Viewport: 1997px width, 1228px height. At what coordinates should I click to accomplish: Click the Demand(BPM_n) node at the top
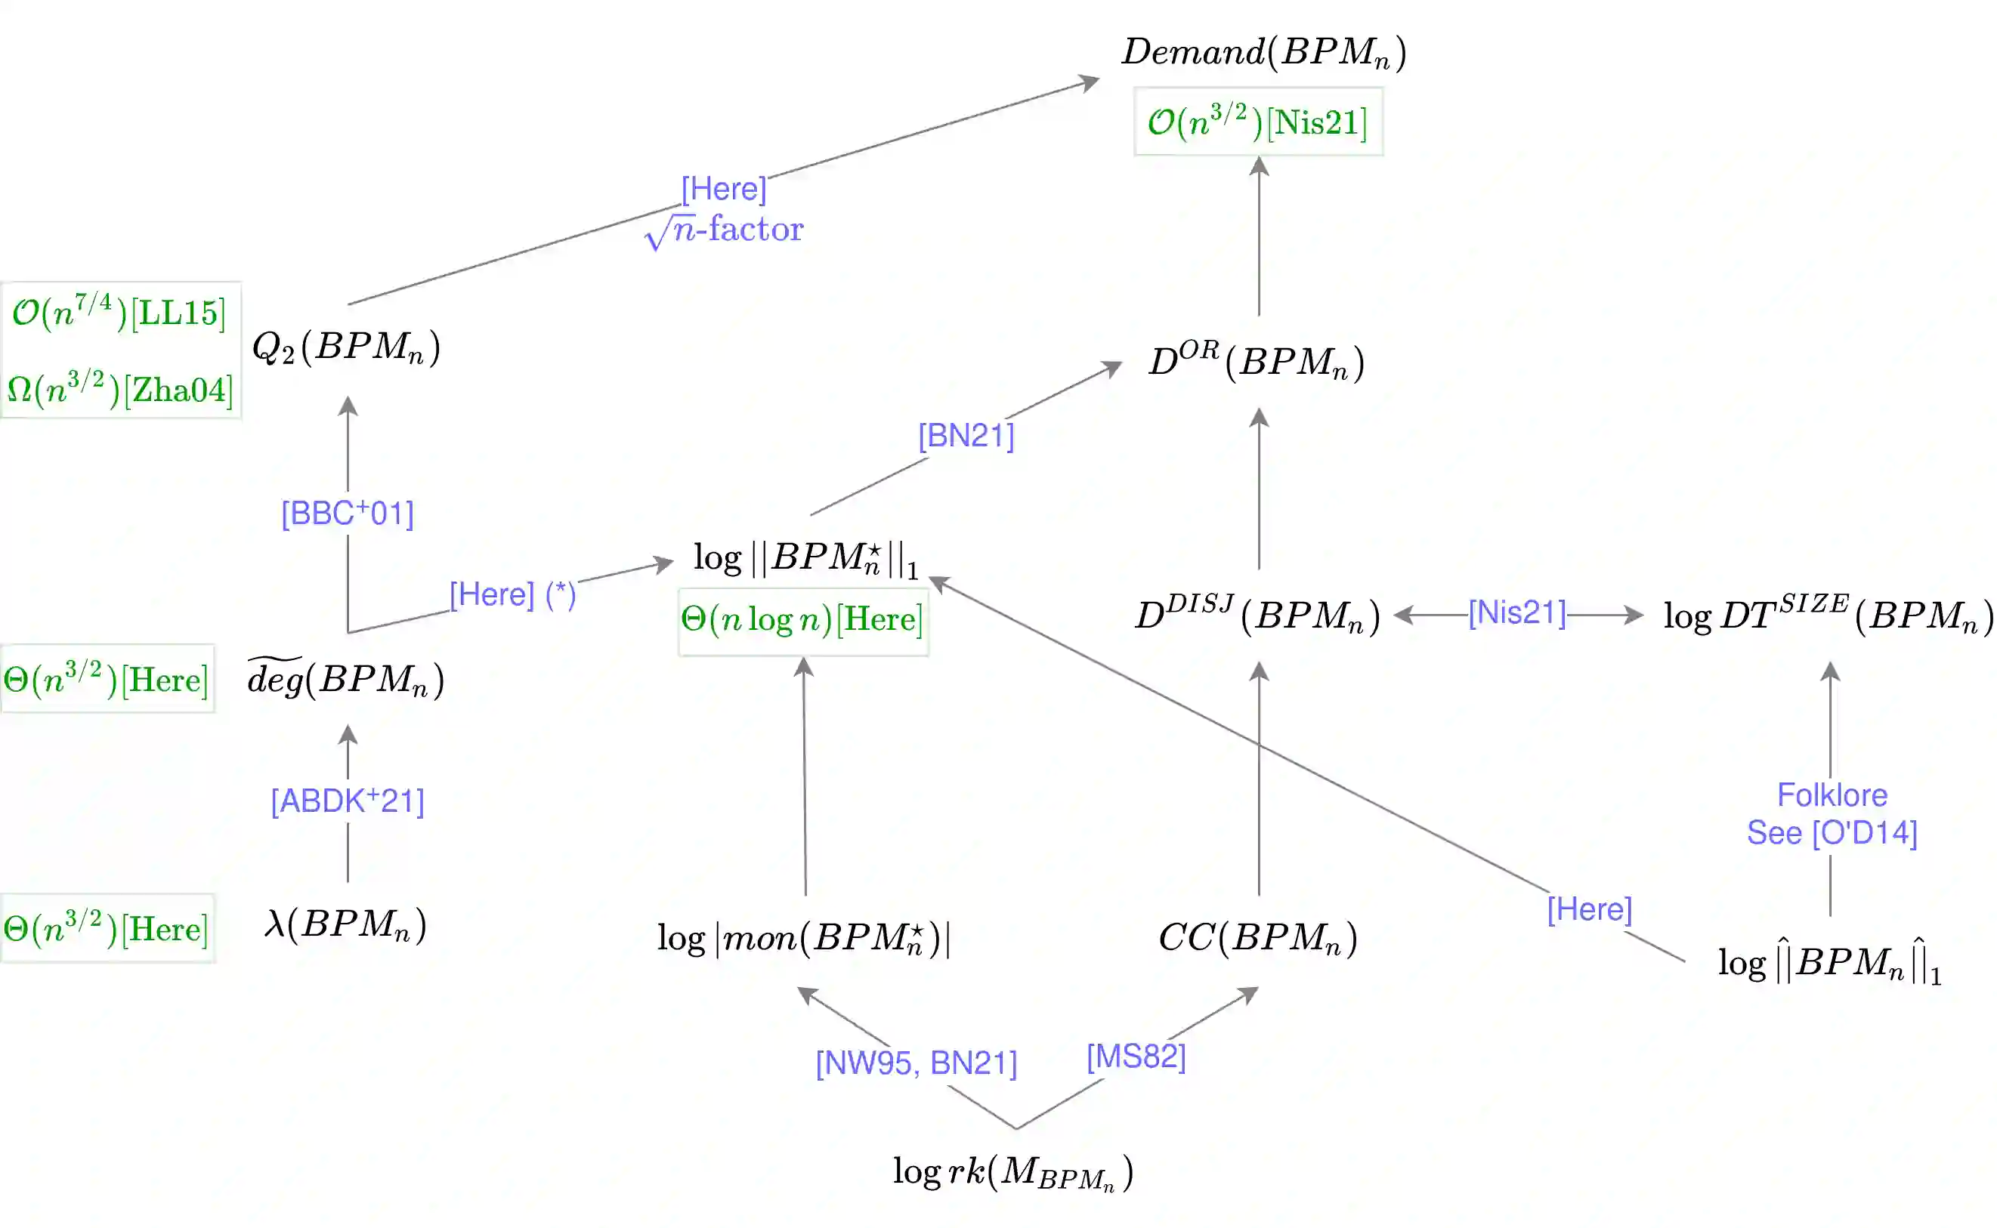coord(1263,52)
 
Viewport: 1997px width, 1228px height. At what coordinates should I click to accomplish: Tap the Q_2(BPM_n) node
coord(346,347)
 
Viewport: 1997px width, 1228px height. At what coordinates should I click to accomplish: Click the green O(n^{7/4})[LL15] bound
coord(119,313)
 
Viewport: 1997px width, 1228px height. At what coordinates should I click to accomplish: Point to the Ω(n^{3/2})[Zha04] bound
coord(119,389)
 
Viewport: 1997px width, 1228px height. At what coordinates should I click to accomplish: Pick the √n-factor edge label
coord(723,230)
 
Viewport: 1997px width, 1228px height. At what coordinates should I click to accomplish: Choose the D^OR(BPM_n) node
coord(1256,362)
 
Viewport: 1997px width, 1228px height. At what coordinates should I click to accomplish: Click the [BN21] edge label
coord(965,435)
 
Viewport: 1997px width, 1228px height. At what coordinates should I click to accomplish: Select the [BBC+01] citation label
coord(347,514)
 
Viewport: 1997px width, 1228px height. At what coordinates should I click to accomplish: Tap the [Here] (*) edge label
coord(512,594)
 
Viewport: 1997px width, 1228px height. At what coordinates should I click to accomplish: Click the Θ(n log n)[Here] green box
coord(802,620)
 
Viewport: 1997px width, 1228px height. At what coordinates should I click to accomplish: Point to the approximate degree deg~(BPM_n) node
coord(345,678)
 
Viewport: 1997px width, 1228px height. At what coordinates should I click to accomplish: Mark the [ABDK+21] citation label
coord(347,801)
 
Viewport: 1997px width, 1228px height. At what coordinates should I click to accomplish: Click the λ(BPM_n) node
coord(345,924)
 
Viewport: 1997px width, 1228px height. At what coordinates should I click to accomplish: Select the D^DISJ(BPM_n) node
coord(1257,615)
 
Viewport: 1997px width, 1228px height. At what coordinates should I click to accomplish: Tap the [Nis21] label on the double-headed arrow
coord(1516,612)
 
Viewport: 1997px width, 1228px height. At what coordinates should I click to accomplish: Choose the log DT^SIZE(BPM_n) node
coord(1827,615)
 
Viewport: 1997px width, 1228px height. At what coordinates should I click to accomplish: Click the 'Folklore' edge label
coord(1832,795)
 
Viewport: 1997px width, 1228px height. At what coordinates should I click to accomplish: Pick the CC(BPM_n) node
coord(1257,937)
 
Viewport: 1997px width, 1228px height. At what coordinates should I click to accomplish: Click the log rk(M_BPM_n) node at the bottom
coord(1012,1172)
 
